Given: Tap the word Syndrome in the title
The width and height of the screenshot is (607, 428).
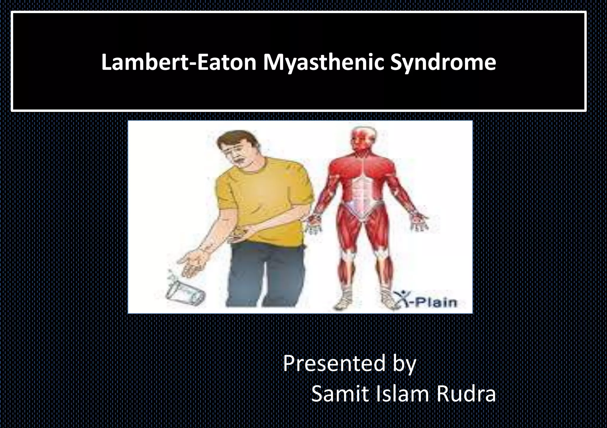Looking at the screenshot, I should pyautogui.click(x=443, y=63).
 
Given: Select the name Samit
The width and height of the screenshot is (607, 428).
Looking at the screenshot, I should pyautogui.click(x=338, y=394).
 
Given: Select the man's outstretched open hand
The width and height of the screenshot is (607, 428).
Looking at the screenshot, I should pyautogui.click(x=193, y=261).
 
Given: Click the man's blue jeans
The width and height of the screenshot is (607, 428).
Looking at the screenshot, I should pyautogui.click(x=267, y=275).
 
